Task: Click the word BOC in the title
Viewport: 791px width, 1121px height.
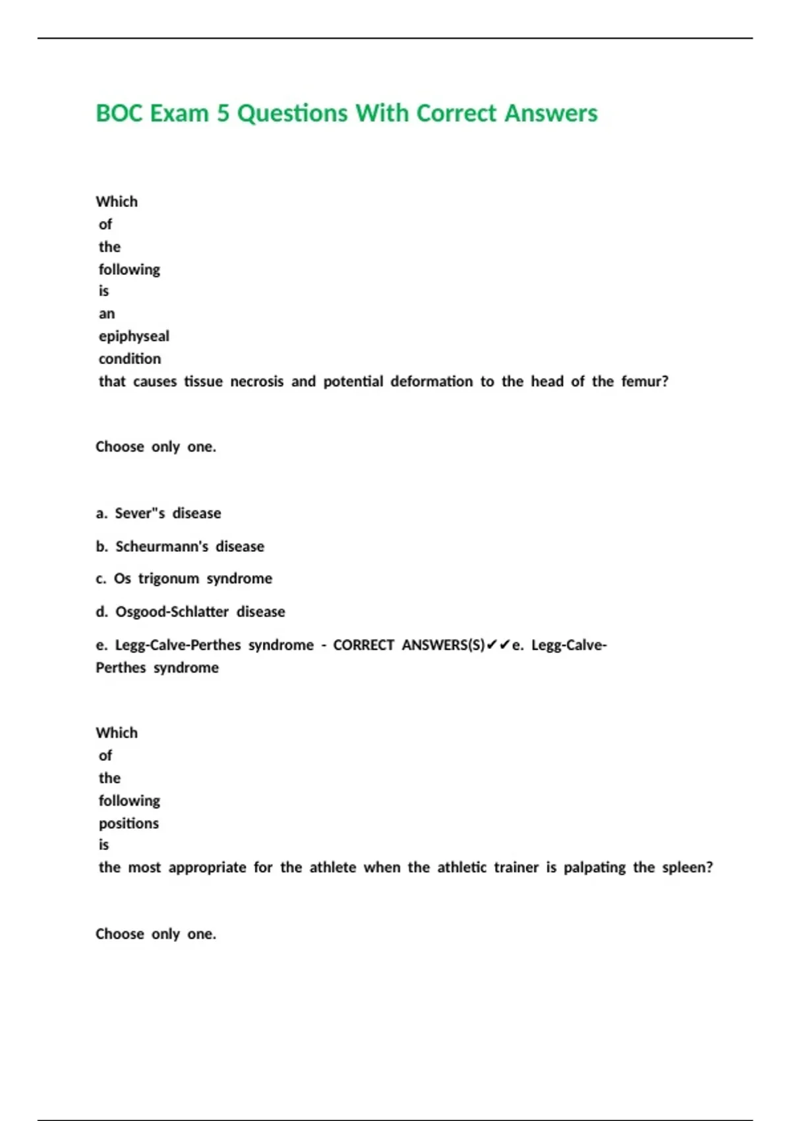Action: click(119, 113)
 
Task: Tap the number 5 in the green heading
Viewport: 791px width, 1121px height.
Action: click(223, 113)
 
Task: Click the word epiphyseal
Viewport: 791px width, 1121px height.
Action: click(134, 336)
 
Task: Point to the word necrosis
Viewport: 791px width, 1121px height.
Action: click(256, 381)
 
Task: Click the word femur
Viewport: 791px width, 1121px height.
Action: click(643, 381)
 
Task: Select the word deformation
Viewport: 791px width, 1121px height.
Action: click(431, 381)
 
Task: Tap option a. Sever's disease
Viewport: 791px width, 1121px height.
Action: click(158, 513)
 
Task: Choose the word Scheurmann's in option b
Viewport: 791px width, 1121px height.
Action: click(161, 546)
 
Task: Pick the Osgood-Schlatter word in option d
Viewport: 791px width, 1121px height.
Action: click(171, 611)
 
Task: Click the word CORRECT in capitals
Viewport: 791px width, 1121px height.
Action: click(363, 645)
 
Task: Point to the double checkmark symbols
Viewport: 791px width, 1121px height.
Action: click(498, 645)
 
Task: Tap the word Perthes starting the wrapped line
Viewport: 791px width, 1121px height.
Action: click(121, 667)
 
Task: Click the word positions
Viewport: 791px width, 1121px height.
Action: click(129, 823)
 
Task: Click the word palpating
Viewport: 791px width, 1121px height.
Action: click(594, 867)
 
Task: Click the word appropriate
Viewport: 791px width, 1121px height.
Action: click(207, 867)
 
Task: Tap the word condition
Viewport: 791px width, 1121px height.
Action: click(130, 359)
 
